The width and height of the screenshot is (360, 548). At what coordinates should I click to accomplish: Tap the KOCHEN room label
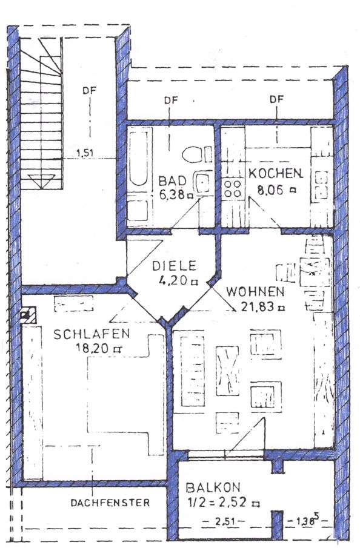(x=276, y=173)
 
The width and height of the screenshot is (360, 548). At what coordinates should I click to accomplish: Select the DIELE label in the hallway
(x=174, y=266)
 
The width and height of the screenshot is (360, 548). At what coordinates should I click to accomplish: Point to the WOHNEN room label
(x=255, y=291)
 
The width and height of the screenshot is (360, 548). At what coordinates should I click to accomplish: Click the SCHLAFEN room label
(x=92, y=334)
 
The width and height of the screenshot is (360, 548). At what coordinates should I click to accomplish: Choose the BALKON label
(x=213, y=487)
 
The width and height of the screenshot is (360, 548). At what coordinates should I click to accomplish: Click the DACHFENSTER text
(x=110, y=503)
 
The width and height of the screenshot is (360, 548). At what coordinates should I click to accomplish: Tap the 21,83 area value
(x=259, y=306)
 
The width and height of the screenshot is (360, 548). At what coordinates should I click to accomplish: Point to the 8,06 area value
(x=270, y=190)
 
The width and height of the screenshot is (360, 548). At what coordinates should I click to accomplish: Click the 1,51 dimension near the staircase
(x=85, y=153)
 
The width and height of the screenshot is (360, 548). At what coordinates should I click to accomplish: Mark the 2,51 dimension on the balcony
(x=224, y=522)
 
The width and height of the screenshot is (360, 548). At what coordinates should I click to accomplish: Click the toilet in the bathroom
(x=196, y=154)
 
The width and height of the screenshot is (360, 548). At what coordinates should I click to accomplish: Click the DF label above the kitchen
(x=276, y=99)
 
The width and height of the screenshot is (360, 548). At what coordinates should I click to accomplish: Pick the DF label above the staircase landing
(x=89, y=90)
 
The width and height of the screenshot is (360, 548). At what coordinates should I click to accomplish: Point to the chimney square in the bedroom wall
(x=28, y=315)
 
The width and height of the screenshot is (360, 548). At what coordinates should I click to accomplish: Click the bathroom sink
(x=202, y=182)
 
